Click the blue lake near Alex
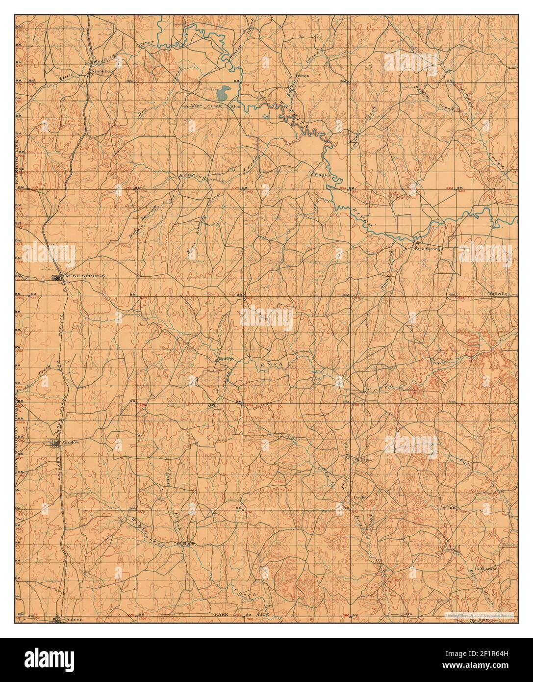click(x=222, y=92)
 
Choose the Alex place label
click(x=236, y=105)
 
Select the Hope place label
click(x=188, y=543)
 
